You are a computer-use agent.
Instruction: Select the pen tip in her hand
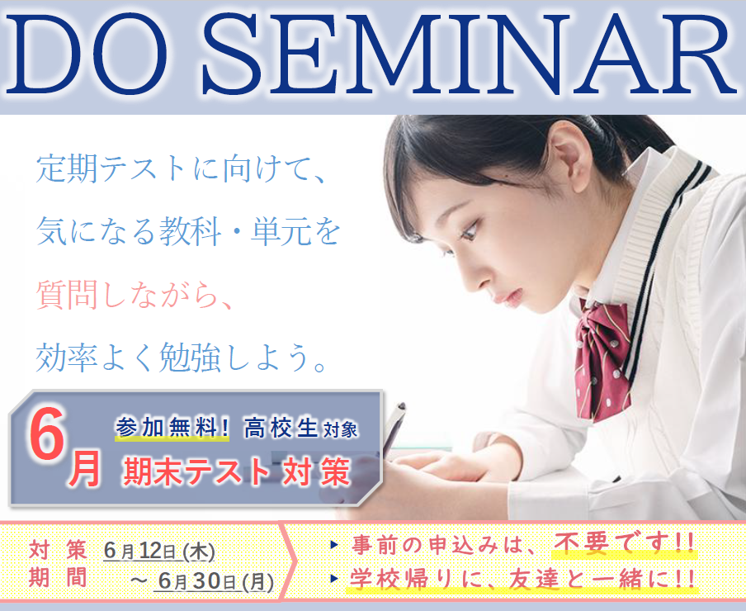(x=401, y=407)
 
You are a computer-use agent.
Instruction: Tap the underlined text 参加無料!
(x=172, y=427)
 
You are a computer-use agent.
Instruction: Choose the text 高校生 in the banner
(x=281, y=428)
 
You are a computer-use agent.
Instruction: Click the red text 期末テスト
(x=197, y=471)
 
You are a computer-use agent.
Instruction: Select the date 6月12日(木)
(x=159, y=551)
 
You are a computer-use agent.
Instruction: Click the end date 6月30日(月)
(x=216, y=581)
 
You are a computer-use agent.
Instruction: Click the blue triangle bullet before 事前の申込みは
(x=334, y=544)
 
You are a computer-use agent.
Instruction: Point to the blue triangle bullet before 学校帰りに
(x=334, y=579)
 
